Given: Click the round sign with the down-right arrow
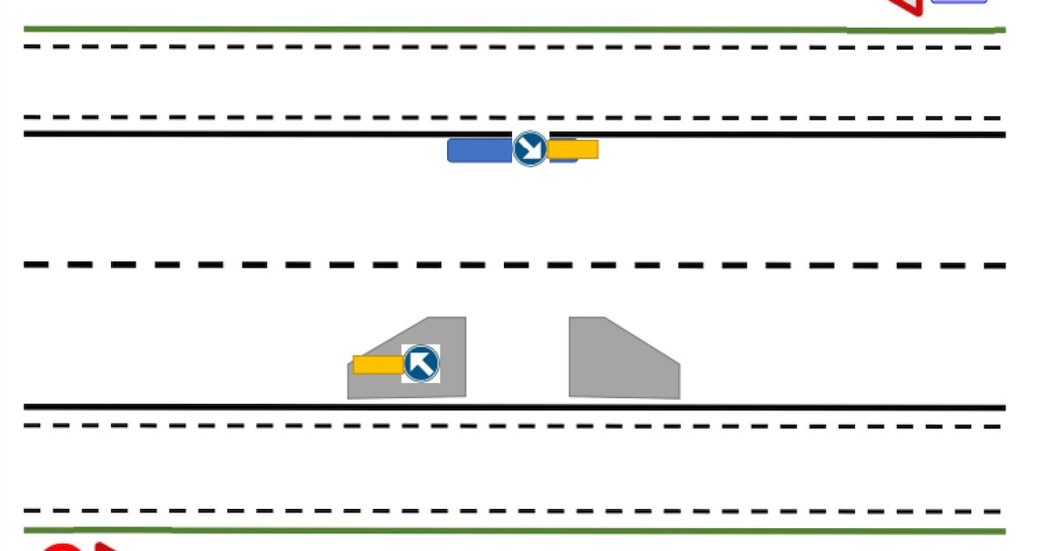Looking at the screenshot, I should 529,149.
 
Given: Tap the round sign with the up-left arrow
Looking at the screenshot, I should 421,363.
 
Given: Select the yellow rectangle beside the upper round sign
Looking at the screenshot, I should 573,150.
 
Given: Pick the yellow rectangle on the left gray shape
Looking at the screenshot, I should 377,365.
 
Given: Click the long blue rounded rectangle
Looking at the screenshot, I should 479,150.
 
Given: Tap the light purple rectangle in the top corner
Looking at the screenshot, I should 959,2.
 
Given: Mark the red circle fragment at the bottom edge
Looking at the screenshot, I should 59,547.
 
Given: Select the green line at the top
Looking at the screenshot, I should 437,30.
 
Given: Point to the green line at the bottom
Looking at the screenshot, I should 525,531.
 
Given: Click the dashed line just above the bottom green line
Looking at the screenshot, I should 525,511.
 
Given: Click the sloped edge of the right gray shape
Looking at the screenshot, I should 642,339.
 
